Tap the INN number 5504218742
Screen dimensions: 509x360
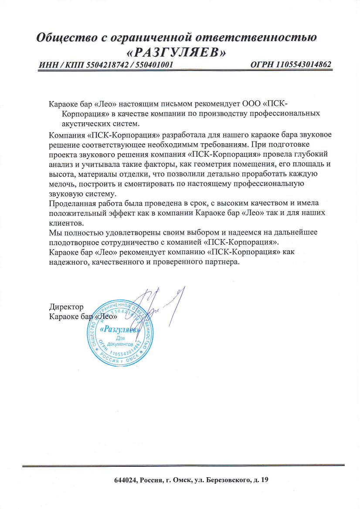coord(105,65)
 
